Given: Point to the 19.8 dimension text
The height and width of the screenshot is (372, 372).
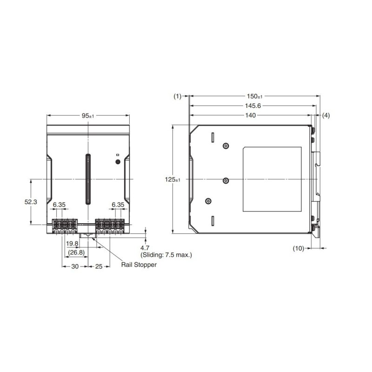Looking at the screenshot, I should click(72, 244).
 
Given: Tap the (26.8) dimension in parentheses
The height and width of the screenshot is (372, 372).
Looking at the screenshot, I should click(76, 252).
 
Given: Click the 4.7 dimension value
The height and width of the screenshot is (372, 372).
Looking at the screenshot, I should click(146, 248).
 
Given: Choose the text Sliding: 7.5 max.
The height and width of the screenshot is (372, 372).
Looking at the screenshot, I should click(166, 255).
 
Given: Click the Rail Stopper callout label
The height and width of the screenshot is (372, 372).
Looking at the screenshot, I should click(139, 265).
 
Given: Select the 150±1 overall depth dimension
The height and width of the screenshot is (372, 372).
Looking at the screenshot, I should click(254, 96).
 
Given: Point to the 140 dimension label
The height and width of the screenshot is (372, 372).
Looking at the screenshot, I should click(251, 115).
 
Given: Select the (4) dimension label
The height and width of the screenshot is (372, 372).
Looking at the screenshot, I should click(325, 115).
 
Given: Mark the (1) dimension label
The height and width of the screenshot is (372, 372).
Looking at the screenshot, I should click(177, 96).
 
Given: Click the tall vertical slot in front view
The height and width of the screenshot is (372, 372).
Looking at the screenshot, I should click(87, 179).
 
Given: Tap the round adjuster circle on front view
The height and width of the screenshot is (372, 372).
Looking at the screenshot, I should click(118, 162).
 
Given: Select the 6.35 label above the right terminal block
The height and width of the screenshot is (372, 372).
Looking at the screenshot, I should click(118, 205).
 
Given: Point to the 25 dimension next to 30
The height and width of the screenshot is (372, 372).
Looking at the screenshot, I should click(99, 266).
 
